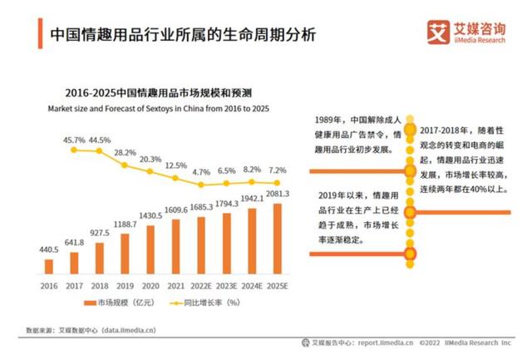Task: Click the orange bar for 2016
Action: [48, 266]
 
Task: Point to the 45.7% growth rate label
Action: [74, 140]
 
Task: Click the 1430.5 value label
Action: [150, 215]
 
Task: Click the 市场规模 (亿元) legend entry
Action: [120, 303]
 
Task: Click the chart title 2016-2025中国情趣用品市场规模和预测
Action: [152, 93]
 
